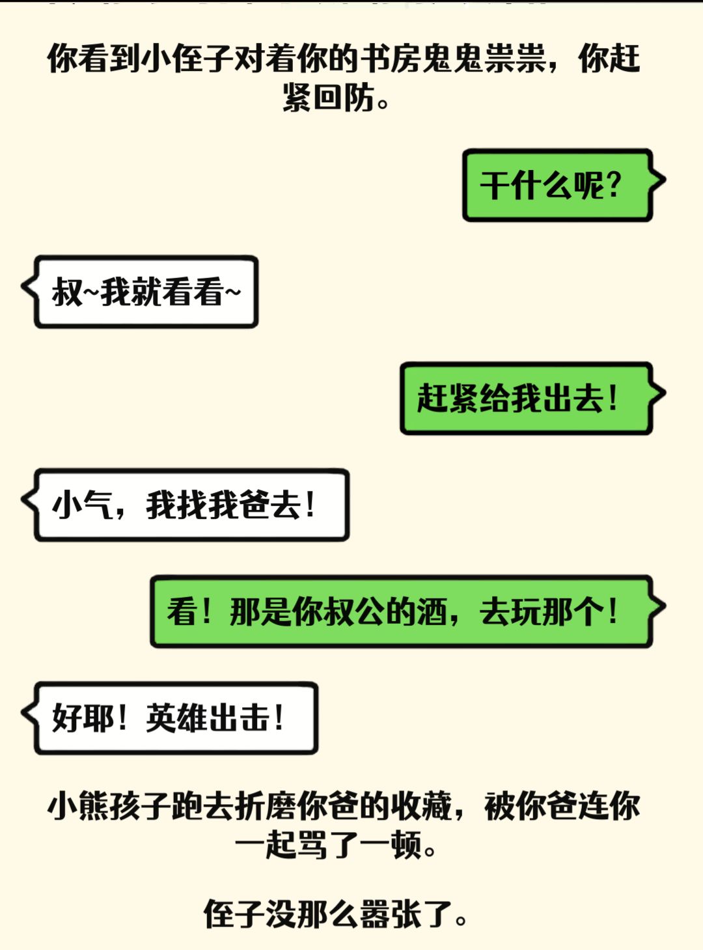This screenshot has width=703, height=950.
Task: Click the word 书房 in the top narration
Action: point(391,58)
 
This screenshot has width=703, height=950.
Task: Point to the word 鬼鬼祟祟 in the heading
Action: point(484,58)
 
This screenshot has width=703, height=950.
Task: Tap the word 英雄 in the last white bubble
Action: point(177,718)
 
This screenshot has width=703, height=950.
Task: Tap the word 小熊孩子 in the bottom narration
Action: point(109,805)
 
